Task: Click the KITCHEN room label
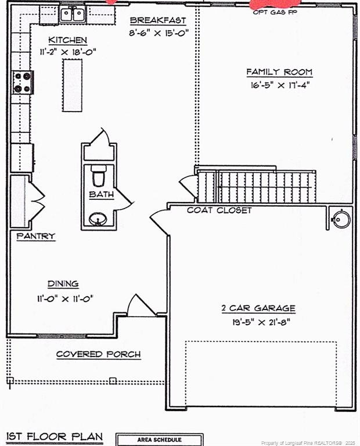[68, 40]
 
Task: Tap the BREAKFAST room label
[158, 21]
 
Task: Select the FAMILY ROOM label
[279, 72]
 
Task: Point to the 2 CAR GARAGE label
[258, 308]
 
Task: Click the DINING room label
[63, 284]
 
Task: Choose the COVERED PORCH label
[98, 354]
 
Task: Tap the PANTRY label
[35, 236]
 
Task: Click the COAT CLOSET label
[219, 210]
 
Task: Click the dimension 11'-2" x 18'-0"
[68, 52]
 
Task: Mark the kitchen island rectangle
[73, 85]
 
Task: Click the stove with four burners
[22, 82]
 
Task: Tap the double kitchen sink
[74, 13]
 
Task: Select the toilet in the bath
[98, 174]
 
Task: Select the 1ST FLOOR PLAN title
[55, 436]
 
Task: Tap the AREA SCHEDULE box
[159, 440]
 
